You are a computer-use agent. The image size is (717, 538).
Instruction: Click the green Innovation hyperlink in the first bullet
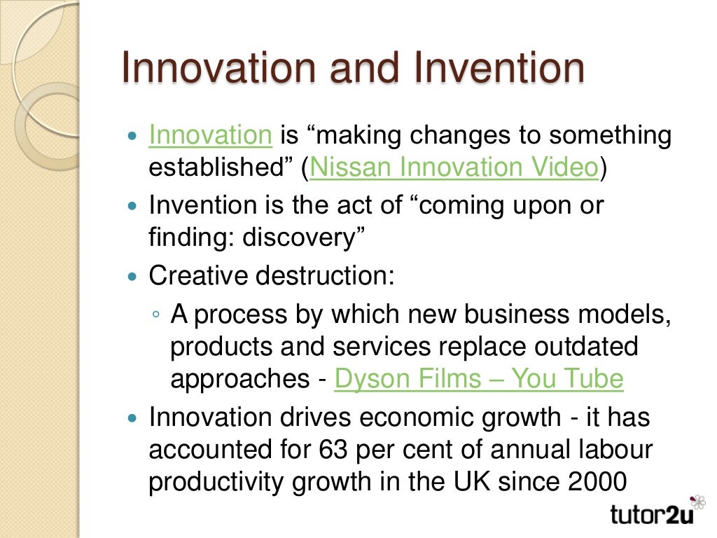pos(210,134)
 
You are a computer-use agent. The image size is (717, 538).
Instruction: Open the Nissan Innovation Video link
pos(454,168)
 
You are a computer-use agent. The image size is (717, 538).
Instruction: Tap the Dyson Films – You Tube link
pos(479,379)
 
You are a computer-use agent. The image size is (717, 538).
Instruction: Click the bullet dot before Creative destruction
pos(135,277)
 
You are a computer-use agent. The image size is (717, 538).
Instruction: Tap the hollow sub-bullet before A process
pos(157,315)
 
